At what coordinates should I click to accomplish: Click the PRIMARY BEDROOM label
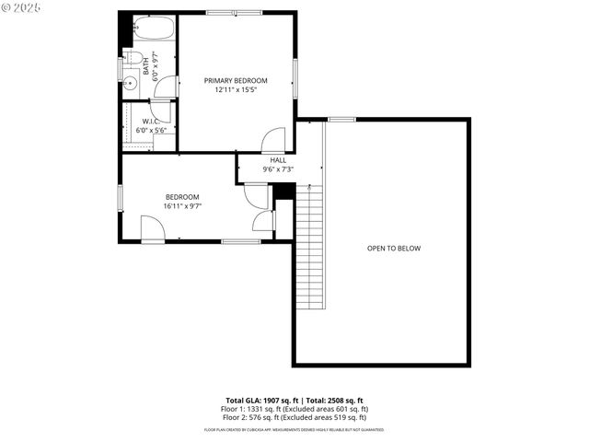pos(236,81)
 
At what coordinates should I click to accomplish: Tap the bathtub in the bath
pos(153,29)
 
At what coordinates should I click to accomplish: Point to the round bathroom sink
pos(130,83)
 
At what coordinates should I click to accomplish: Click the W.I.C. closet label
pos(151,121)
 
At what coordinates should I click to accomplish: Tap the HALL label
pos(278,160)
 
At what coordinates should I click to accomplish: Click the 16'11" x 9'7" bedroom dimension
pos(182,206)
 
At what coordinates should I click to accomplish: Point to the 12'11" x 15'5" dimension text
pos(236,90)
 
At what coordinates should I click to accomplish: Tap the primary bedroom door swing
pos(274,141)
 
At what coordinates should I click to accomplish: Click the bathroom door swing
pos(167,87)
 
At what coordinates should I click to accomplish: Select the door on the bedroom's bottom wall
pos(152,228)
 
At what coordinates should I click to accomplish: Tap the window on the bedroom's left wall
pos(120,197)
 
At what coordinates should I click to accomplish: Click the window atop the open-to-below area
pos(342,119)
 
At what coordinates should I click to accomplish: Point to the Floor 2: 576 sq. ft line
pos(294,416)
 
